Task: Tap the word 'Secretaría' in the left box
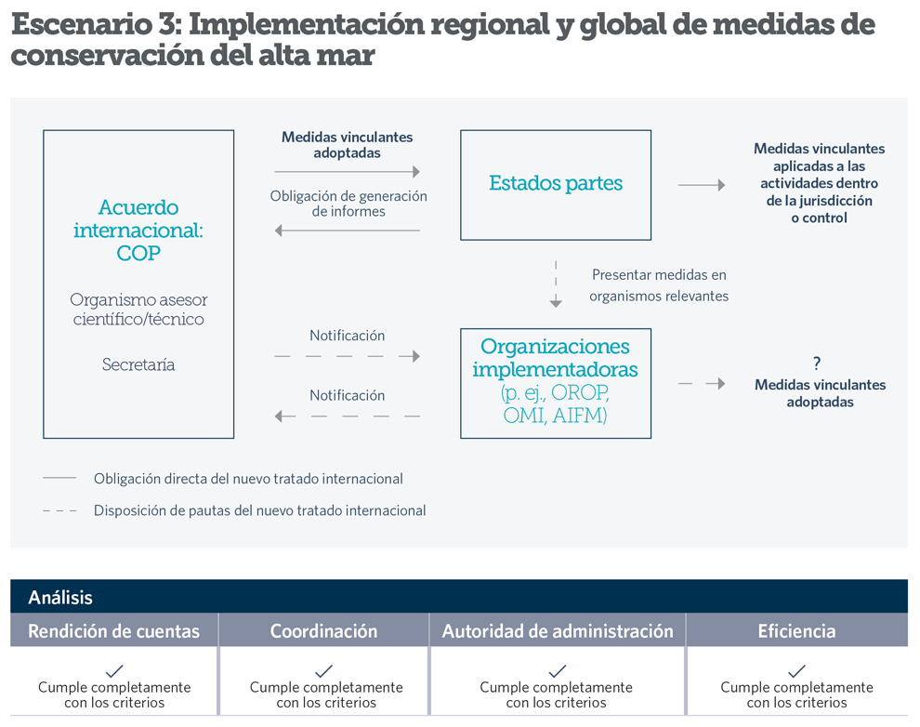click(138, 364)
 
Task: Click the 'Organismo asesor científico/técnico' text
click(138, 310)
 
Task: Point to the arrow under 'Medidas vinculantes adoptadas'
click(348, 172)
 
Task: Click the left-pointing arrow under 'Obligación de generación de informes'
click(348, 231)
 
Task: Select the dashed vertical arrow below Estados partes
click(556, 284)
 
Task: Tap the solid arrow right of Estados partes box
click(702, 185)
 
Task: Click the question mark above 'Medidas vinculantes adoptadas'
click(817, 363)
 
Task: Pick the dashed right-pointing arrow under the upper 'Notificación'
click(348, 356)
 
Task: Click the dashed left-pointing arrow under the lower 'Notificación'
click(348, 416)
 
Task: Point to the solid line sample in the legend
click(59, 478)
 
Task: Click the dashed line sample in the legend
click(59, 510)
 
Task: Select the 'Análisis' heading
click(60, 598)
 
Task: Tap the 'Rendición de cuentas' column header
click(113, 630)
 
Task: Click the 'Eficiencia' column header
click(796, 630)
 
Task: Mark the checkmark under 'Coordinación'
click(324, 670)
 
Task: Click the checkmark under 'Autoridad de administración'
click(558, 670)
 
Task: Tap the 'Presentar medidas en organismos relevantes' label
click(659, 285)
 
